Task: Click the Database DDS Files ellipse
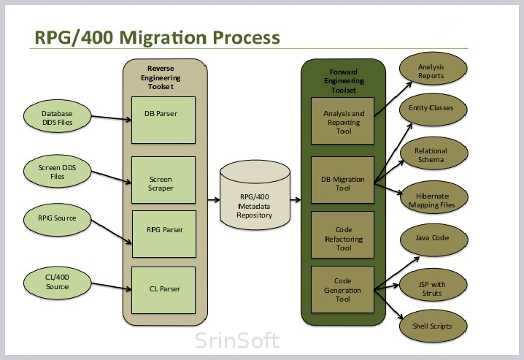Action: [57, 116]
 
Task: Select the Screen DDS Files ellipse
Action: [57, 171]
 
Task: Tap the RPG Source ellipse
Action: [57, 220]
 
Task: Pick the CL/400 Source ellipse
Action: [57, 283]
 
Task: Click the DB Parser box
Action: [163, 120]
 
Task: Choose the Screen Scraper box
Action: [163, 180]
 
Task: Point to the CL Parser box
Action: [163, 290]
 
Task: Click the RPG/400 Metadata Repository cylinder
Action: [255, 195]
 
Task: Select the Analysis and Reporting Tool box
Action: [342, 121]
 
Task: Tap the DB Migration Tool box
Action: [342, 180]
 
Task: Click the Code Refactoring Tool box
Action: [342, 234]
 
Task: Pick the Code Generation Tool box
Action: [342, 289]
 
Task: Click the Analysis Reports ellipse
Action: [433, 69]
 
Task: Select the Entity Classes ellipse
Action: [433, 110]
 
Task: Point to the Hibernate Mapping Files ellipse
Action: [434, 198]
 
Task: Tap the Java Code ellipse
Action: [434, 240]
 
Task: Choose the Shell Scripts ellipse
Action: [433, 326]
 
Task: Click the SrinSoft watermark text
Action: [237, 340]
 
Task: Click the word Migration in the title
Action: [163, 37]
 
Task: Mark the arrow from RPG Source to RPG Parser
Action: [111, 231]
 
